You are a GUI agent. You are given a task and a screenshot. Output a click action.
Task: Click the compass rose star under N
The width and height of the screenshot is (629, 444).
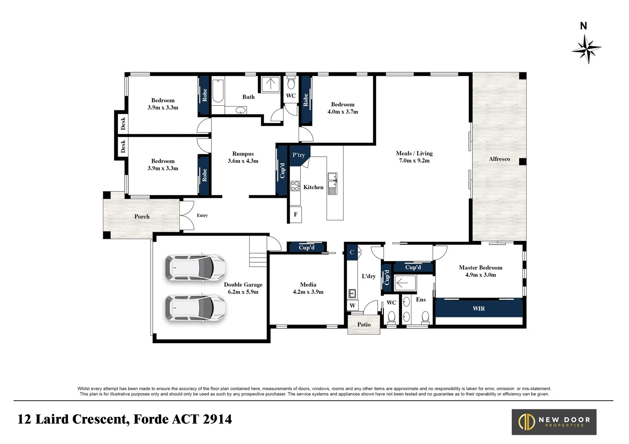point(587,49)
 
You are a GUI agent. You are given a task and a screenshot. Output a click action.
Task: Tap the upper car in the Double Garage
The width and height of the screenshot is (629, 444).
point(195,268)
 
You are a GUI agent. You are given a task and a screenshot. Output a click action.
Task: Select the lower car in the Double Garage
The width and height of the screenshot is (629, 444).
point(195,308)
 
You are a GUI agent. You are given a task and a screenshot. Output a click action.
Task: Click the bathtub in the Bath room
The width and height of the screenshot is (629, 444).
point(218,91)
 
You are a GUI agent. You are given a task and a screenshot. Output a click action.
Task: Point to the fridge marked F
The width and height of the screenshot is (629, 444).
point(296,215)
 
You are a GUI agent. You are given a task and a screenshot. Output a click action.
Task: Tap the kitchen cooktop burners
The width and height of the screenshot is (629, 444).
point(295,186)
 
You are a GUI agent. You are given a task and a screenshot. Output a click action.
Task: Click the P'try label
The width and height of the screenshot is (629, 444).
point(299,155)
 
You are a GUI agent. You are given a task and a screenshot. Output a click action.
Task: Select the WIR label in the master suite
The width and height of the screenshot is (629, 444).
point(479,308)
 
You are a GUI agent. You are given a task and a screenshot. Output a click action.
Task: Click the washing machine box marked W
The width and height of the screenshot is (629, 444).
point(353,305)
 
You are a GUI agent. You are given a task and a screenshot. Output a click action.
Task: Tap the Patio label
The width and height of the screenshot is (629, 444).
point(364,324)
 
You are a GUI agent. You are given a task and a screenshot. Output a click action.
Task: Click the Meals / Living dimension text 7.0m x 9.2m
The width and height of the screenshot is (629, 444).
point(415,160)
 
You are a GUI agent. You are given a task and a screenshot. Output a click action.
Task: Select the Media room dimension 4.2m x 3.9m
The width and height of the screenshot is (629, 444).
point(308,292)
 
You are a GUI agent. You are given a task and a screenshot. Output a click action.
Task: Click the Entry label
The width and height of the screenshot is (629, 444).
point(202,215)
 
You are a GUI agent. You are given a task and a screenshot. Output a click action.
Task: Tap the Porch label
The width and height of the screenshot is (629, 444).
point(142,216)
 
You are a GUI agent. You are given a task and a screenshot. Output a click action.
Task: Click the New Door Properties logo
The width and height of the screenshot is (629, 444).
point(554,422)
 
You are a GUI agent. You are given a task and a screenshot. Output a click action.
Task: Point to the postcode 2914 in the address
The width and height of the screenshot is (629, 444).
point(217,419)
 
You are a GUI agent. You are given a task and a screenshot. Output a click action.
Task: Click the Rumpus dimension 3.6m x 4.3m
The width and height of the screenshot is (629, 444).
point(243,161)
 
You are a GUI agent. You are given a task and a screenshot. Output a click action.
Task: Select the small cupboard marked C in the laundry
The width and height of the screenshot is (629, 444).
point(352,252)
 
